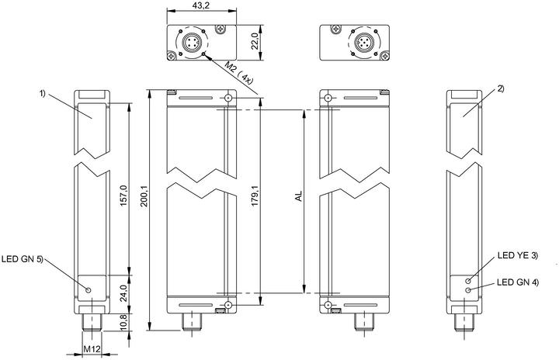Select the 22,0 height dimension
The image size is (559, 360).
coord(255,43)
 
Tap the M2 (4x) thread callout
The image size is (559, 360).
coord(239,72)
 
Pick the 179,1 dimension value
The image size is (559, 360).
coord(255,197)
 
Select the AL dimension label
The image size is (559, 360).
coord(299,196)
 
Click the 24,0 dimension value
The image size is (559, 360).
coord(123,293)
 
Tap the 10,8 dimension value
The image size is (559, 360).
coord(123,323)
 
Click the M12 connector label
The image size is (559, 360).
coord(92,349)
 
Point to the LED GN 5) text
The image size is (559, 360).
coord(22,259)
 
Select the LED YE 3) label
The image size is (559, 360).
coord(518,255)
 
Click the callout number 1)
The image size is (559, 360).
coord(43,93)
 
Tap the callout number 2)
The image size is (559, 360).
coord(501,88)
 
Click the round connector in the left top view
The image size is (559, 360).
coord(191,43)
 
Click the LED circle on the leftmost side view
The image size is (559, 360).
coord(89,289)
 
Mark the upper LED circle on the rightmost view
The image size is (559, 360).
coord(467,281)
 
